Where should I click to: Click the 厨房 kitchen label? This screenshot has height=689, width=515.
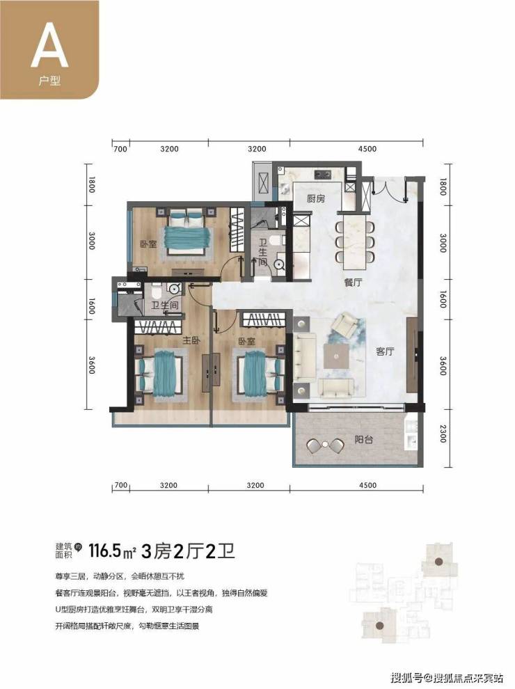[315, 198]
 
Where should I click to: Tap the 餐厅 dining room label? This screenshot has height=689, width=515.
[353, 282]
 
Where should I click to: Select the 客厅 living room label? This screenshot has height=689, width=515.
[385, 351]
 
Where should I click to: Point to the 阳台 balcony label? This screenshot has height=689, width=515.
[364, 439]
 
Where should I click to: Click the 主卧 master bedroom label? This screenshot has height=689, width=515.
[191, 340]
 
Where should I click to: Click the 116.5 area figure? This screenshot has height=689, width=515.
[104, 550]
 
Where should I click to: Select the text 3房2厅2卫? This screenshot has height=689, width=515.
[188, 550]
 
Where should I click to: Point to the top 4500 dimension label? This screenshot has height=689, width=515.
[367, 149]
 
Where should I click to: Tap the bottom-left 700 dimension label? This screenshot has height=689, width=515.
[120, 485]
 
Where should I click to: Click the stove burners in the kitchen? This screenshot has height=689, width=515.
[323, 175]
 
